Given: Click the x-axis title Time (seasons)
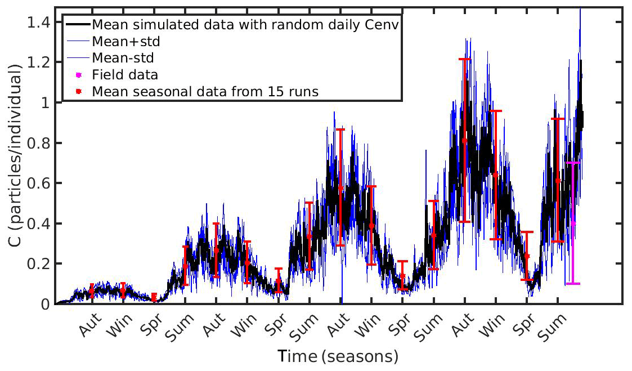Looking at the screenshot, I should point(338,356).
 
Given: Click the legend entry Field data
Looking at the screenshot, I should point(125,74).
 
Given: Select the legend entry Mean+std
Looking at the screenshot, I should point(123,41).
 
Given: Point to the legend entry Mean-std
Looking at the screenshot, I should point(122,57).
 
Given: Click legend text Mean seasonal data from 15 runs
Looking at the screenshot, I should point(206,91).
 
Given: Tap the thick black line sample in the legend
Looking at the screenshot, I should point(78,25).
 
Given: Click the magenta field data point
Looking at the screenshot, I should point(573,224).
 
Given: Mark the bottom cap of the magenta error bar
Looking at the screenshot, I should point(573,283).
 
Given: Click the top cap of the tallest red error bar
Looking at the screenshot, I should point(464,59).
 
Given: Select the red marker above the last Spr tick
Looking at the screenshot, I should point(527,256).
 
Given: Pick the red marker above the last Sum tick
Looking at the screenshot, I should point(558,181).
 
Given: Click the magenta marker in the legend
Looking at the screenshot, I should point(78,74).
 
